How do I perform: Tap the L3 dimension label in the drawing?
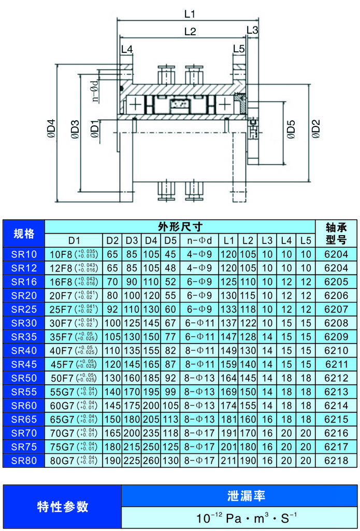(252, 30)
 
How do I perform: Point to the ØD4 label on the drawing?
(51, 130)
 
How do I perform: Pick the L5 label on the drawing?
(238, 49)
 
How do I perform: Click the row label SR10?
(24, 254)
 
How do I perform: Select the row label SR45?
(24, 364)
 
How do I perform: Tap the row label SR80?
(24, 460)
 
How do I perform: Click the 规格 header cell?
(24, 234)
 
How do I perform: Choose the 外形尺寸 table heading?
(180, 226)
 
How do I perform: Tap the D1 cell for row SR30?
(74, 323)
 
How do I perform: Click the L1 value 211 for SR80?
(228, 460)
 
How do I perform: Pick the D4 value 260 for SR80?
(151, 460)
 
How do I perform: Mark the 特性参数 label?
(62, 506)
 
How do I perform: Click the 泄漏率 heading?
(239, 495)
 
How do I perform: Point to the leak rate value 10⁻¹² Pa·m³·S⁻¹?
(239, 517)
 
